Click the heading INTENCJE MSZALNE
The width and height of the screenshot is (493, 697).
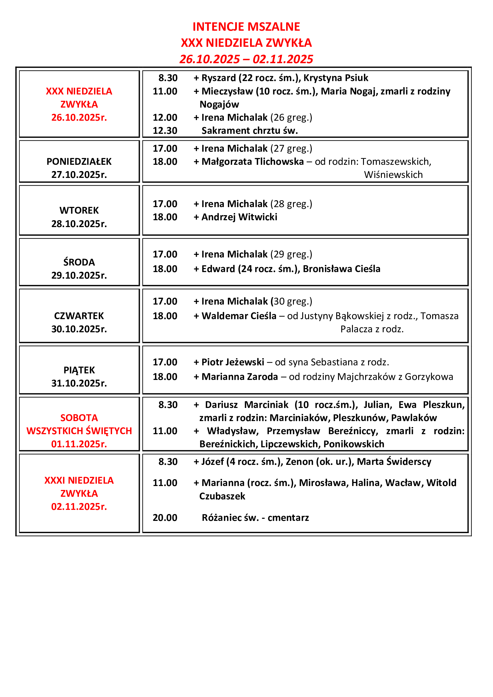[x=246, y=27]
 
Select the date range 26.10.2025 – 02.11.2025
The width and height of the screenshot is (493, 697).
[x=246, y=59]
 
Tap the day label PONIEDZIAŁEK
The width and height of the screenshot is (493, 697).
[x=79, y=162]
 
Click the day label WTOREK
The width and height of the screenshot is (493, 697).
[x=79, y=210]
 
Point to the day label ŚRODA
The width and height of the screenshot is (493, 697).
[x=79, y=262]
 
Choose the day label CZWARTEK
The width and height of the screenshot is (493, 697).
[x=79, y=316]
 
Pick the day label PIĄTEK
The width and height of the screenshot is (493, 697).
[x=79, y=370]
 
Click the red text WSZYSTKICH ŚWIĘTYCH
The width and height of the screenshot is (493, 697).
[x=79, y=431]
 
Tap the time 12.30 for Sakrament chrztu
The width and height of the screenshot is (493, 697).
[x=165, y=131]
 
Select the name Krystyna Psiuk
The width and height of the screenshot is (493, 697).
[x=336, y=78]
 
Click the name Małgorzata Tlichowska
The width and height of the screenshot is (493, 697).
[x=252, y=162]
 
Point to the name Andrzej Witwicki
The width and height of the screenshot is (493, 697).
[x=239, y=217]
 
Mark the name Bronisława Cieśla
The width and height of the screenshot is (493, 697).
[x=342, y=269]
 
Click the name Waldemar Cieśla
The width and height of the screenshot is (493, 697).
[x=239, y=316]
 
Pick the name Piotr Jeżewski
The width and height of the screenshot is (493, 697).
[x=233, y=362]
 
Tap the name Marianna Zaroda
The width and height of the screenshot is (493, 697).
[x=240, y=376]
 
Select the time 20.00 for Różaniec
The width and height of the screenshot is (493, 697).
[x=165, y=518]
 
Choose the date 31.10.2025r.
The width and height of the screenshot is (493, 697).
[x=79, y=383]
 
